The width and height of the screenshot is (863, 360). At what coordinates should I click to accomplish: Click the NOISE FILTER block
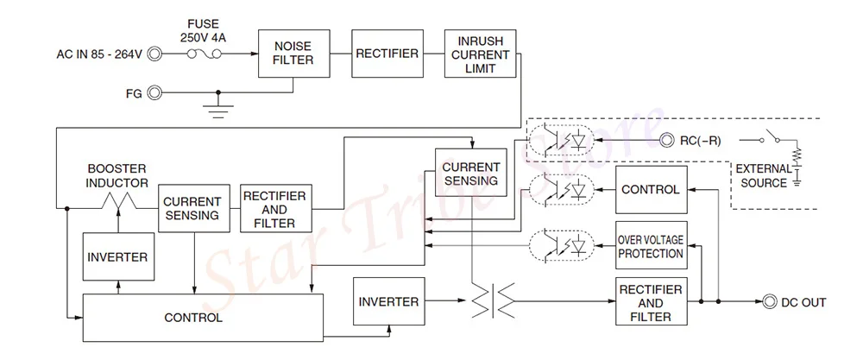(x=294, y=54)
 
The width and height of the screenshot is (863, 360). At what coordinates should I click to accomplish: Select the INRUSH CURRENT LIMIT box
(x=481, y=54)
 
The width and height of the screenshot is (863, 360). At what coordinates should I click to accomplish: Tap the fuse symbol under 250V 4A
(x=205, y=54)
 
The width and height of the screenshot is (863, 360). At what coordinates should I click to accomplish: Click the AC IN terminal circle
(x=155, y=54)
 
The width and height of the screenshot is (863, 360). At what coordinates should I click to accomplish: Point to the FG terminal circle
(x=155, y=93)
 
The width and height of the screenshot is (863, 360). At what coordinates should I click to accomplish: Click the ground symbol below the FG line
(x=218, y=111)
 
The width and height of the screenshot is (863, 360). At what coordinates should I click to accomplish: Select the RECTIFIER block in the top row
(x=387, y=54)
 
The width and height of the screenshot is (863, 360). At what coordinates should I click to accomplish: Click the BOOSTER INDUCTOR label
(x=117, y=175)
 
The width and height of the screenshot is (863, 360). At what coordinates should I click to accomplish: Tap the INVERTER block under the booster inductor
(x=118, y=256)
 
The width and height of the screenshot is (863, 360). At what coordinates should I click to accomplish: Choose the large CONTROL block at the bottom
(x=203, y=318)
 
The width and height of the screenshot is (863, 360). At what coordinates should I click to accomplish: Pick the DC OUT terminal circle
(x=769, y=301)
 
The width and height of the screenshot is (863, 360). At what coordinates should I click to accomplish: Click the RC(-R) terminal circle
(x=668, y=141)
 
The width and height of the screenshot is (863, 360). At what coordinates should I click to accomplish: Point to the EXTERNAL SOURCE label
(x=764, y=176)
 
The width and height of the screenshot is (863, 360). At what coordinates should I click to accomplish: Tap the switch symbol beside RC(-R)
(x=771, y=137)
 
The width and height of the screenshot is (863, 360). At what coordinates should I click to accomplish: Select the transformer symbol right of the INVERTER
(x=493, y=300)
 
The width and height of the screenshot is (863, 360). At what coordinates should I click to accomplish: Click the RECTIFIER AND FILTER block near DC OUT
(x=651, y=301)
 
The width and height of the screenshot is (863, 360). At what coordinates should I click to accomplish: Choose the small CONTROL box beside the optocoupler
(x=651, y=189)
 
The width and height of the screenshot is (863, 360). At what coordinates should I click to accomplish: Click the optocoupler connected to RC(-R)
(x=561, y=141)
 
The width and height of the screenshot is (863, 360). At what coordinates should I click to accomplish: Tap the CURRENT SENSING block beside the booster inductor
(x=193, y=208)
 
